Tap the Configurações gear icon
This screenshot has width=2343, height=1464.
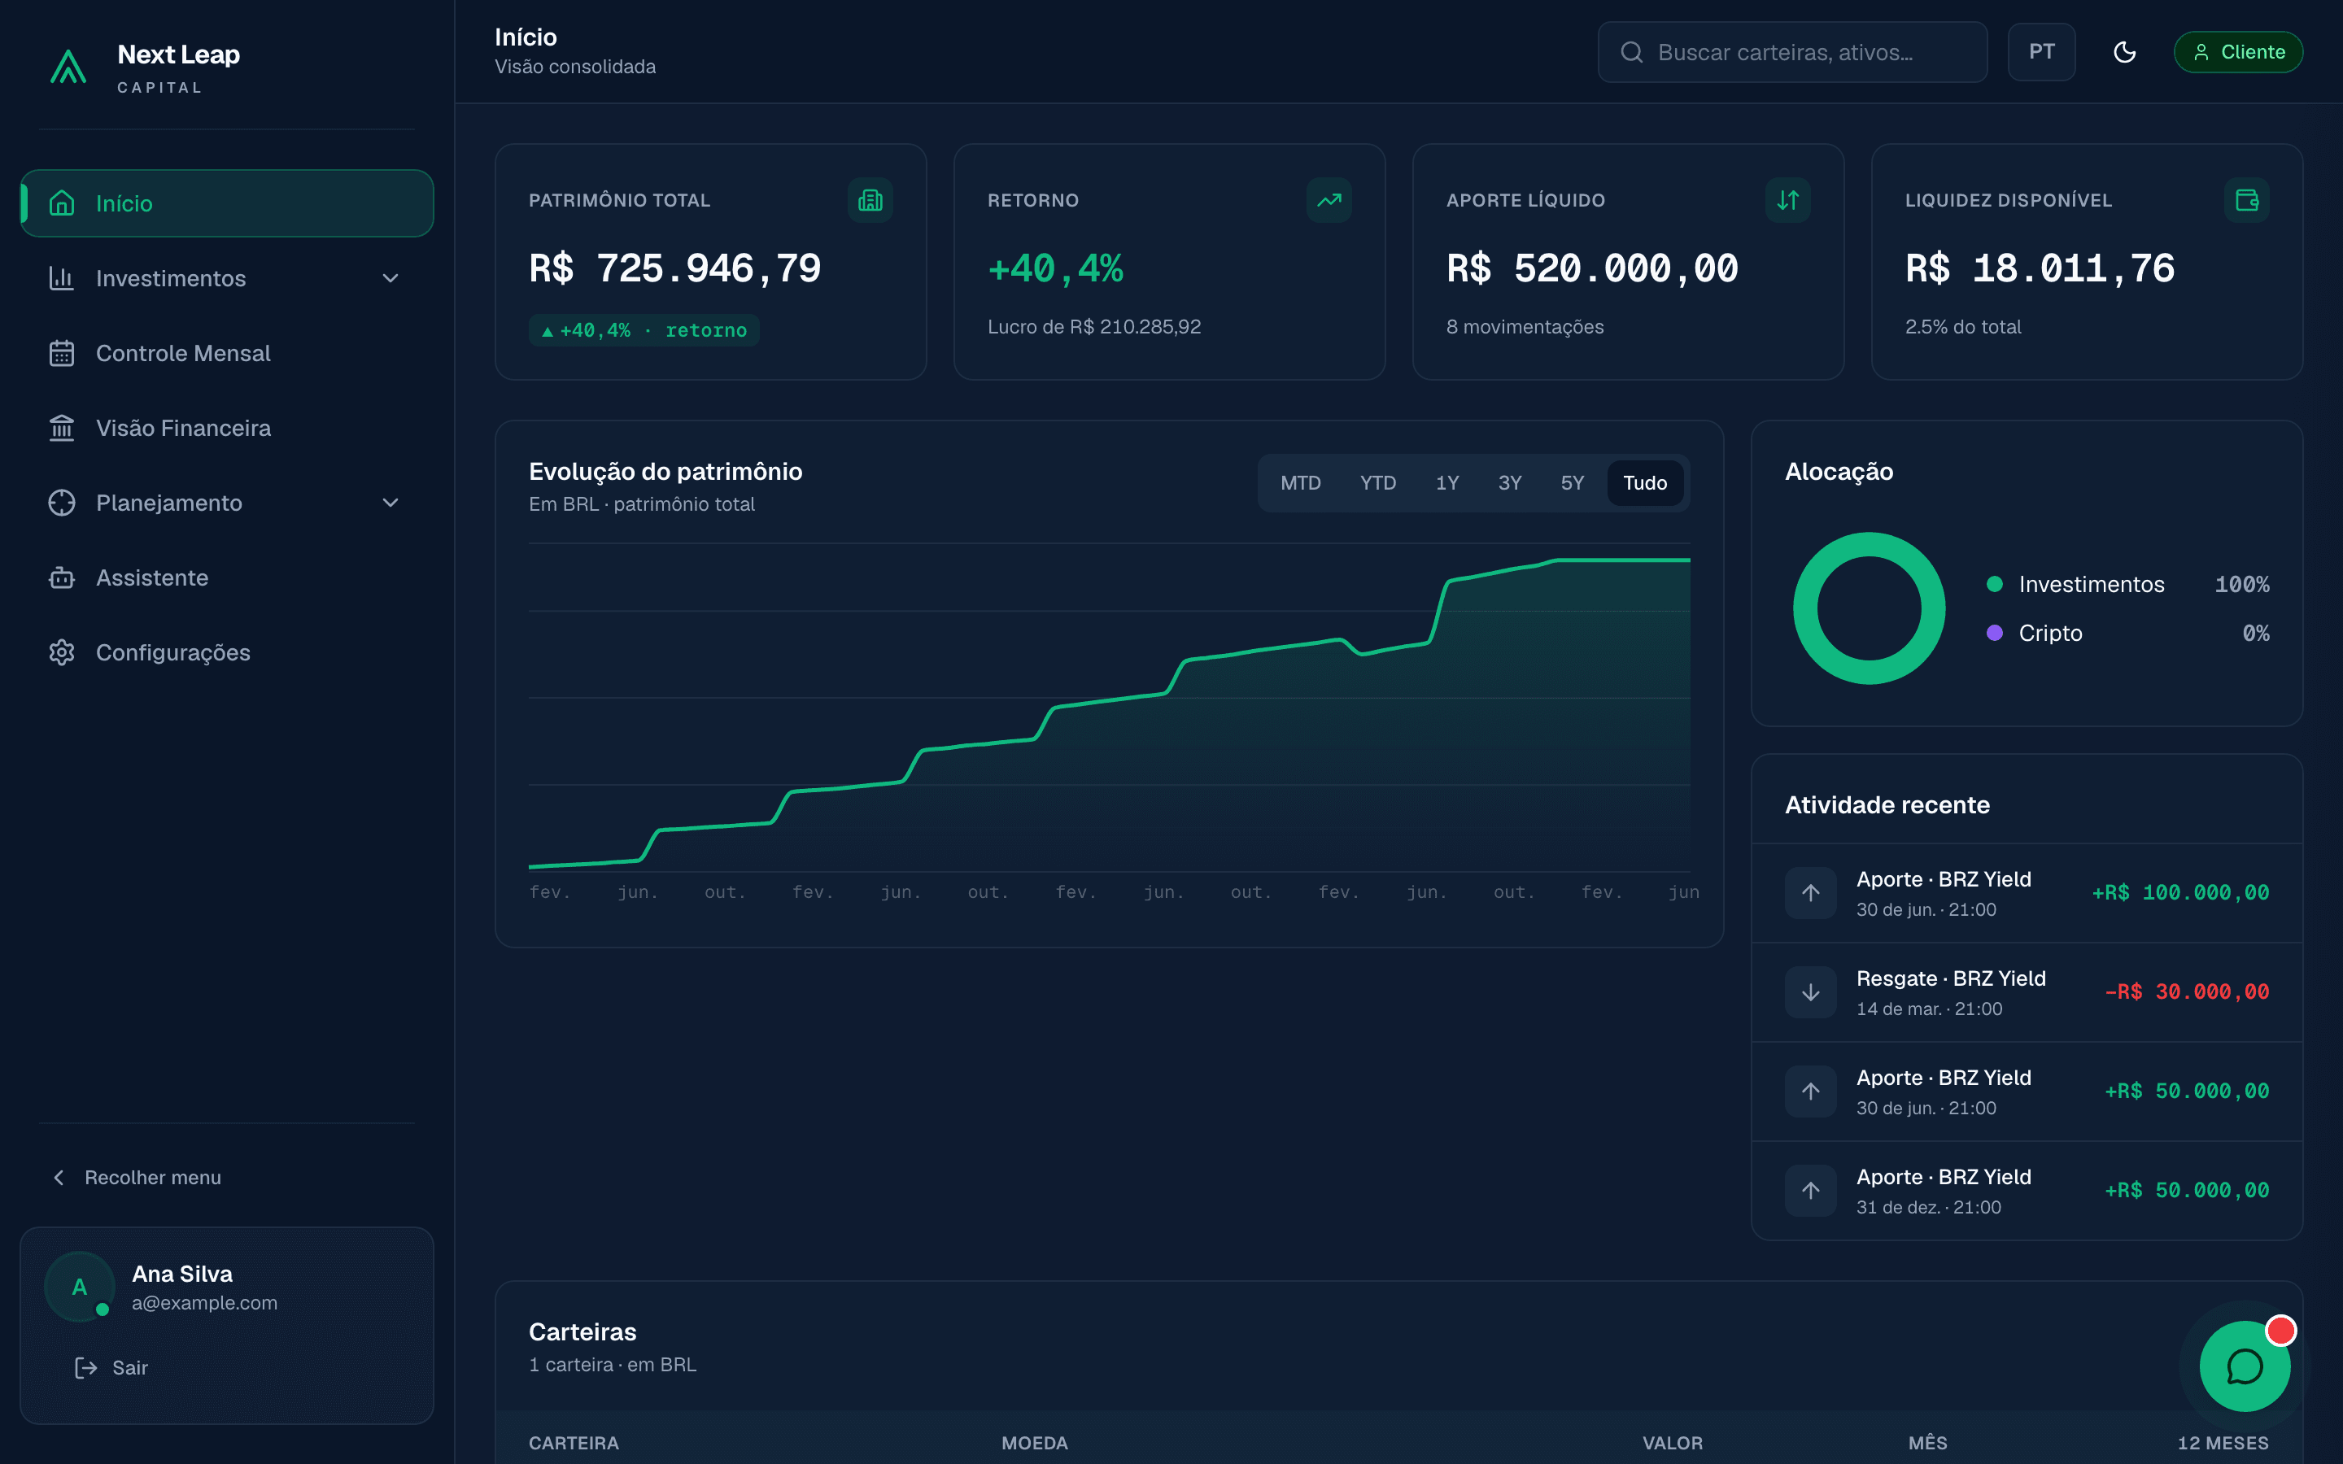pyautogui.click(x=62, y=652)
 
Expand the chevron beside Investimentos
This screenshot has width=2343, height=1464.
pyautogui.click(x=390, y=279)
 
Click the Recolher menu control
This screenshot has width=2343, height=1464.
pyautogui.click(x=137, y=1178)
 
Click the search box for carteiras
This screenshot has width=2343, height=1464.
pyautogui.click(x=1792, y=52)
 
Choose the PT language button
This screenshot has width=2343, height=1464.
pyautogui.click(x=2041, y=52)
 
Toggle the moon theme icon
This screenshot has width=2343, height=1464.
pyautogui.click(x=2124, y=52)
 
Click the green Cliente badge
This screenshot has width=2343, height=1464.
pyautogui.click(x=2238, y=52)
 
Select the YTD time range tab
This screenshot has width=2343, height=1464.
pyautogui.click(x=1377, y=483)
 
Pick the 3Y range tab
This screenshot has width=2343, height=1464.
pyautogui.click(x=1509, y=483)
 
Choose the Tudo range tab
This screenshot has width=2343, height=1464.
pyautogui.click(x=1645, y=483)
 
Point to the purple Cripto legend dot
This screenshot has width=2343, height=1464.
pyautogui.click(x=1995, y=634)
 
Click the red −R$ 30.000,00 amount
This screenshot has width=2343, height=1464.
pyautogui.click(x=2187, y=992)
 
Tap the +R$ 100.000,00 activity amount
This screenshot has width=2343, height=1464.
pyautogui.click(x=2180, y=893)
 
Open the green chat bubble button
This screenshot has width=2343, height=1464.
pyautogui.click(x=2245, y=1366)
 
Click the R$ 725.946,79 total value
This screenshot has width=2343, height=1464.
pyautogui.click(x=674, y=268)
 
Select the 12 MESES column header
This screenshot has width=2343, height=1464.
pyautogui.click(x=2223, y=1443)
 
